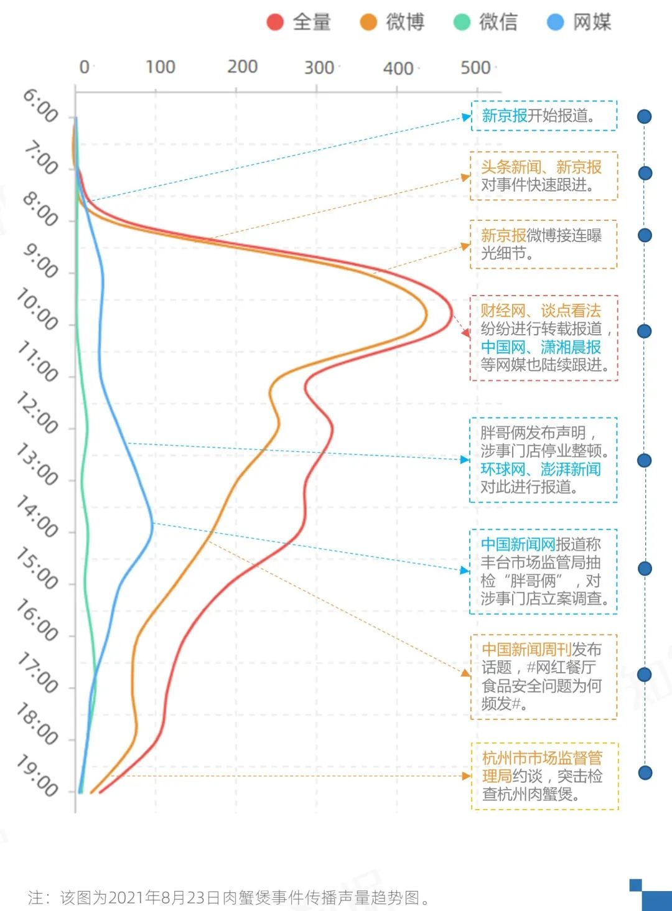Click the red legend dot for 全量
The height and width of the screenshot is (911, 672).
click(x=275, y=22)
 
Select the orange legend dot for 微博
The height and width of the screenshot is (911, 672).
click(x=368, y=22)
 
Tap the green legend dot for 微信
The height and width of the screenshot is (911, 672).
click(x=462, y=22)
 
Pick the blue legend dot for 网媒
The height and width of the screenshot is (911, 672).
click(x=555, y=22)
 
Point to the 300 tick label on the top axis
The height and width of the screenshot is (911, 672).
click(x=319, y=67)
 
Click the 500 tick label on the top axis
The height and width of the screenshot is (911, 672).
click(x=476, y=67)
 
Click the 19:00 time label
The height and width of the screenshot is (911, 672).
click(x=37, y=775)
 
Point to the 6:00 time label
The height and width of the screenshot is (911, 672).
click(x=40, y=105)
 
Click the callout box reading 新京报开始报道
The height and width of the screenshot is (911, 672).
click(x=544, y=116)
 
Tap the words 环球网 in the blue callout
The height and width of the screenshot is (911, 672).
click(x=503, y=469)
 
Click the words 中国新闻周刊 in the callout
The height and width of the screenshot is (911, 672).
click(x=526, y=649)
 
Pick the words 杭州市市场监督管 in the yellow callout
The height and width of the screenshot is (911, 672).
click(x=542, y=757)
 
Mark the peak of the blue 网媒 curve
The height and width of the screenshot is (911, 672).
click(x=152, y=523)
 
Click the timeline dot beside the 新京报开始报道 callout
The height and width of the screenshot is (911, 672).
click(x=645, y=116)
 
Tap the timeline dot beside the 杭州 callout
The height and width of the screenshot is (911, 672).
click(x=645, y=773)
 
